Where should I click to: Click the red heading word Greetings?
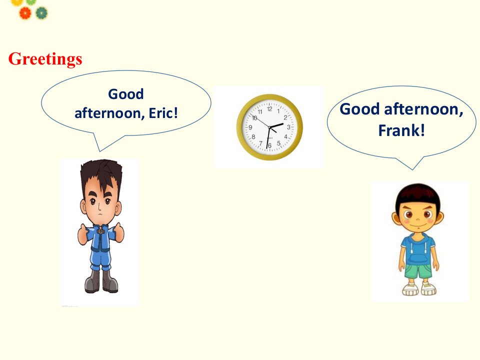[x=45, y=59]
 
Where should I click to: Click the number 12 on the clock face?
[x=269, y=108]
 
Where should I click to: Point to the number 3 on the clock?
[x=288, y=126]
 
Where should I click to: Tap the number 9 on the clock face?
[x=250, y=127]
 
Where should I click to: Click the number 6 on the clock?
[x=269, y=145]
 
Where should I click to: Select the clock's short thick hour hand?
[x=276, y=125]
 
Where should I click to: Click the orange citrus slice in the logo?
[x=25, y=13]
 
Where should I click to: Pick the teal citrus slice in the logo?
[x=41, y=13]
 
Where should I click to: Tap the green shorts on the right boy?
[x=418, y=271]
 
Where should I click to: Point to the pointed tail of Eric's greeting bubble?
[x=100, y=151]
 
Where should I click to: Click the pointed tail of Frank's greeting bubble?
[x=412, y=169]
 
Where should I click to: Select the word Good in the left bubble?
[x=126, y=94]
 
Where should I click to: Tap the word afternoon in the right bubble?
[x=423, y=109]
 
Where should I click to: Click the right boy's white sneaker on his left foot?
[x=428, y=288]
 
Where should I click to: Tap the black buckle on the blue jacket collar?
[x=100, y=231]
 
